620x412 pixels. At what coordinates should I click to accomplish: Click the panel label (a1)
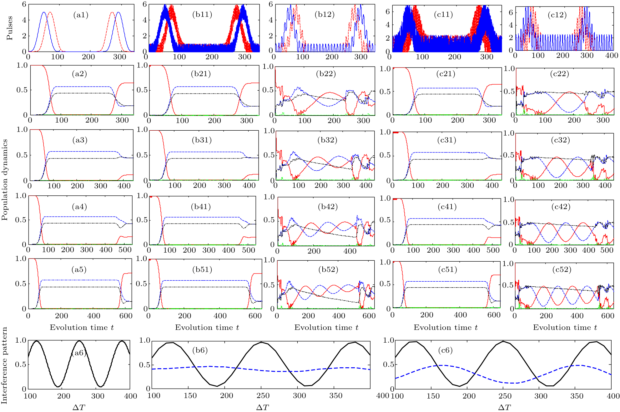click(81, 15)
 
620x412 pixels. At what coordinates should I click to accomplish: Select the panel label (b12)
click(325, 14)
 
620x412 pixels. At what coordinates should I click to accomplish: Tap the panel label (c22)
click(559, 74)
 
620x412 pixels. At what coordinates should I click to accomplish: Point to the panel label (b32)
click(327, 140)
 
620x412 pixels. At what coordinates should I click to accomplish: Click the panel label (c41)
click(447, 207)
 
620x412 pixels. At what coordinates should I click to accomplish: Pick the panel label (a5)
click(79, 269)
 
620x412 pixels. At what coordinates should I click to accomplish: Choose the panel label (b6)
click(200, 350)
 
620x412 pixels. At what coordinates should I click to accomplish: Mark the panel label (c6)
click(445, 350)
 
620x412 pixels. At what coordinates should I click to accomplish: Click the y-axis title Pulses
click(10, 28)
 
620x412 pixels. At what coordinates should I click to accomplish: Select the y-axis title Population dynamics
click(4, 180)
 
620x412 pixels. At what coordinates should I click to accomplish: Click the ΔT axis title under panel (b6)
click(262, 407)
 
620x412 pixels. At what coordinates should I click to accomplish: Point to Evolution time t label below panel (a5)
click(82, 327)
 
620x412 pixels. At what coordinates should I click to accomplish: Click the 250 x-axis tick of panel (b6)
click(263, 396)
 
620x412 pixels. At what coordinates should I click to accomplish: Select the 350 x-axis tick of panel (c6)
click(577, 396)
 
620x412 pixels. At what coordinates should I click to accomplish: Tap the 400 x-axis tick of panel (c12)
click(612, 56)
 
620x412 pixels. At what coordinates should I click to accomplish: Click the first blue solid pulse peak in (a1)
click(44, 13)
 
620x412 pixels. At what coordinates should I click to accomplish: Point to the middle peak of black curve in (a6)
click(79, 341)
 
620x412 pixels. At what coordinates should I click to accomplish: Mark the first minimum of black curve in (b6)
click(217, 386)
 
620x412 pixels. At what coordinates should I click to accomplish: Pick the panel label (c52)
click(562, 269)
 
